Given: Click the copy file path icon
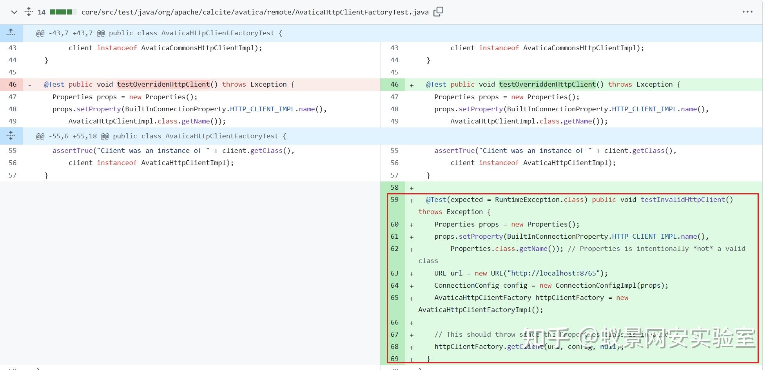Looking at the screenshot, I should tap(438, 12).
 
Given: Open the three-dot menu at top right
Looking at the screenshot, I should tap(747, 12).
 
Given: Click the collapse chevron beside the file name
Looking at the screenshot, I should tap(14, 12).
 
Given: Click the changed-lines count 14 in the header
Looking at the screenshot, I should tap(42, 12).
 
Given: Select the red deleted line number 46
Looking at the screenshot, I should tap(13, 84).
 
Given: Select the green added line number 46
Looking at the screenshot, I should tap(394, 84).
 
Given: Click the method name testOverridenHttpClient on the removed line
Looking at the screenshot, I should tap(163, 84).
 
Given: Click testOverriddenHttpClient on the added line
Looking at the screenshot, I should tap(548, 84).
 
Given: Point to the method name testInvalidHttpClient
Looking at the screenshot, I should tap(683, 200).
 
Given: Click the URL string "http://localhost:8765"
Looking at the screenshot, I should tap(553, 273).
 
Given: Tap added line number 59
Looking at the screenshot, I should tap(394, 200).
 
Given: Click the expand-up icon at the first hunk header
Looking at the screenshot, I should tap(11, 33).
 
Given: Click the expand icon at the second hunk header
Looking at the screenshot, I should tap(11, 136).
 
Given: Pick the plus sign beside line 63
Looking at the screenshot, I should tap(412, 274).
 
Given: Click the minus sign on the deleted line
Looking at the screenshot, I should tap(30, 85).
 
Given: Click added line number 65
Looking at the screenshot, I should tap(394, 297).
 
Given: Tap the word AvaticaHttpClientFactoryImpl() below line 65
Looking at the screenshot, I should tap(480, 310).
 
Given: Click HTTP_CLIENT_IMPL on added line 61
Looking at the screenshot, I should tap(644, 236).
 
